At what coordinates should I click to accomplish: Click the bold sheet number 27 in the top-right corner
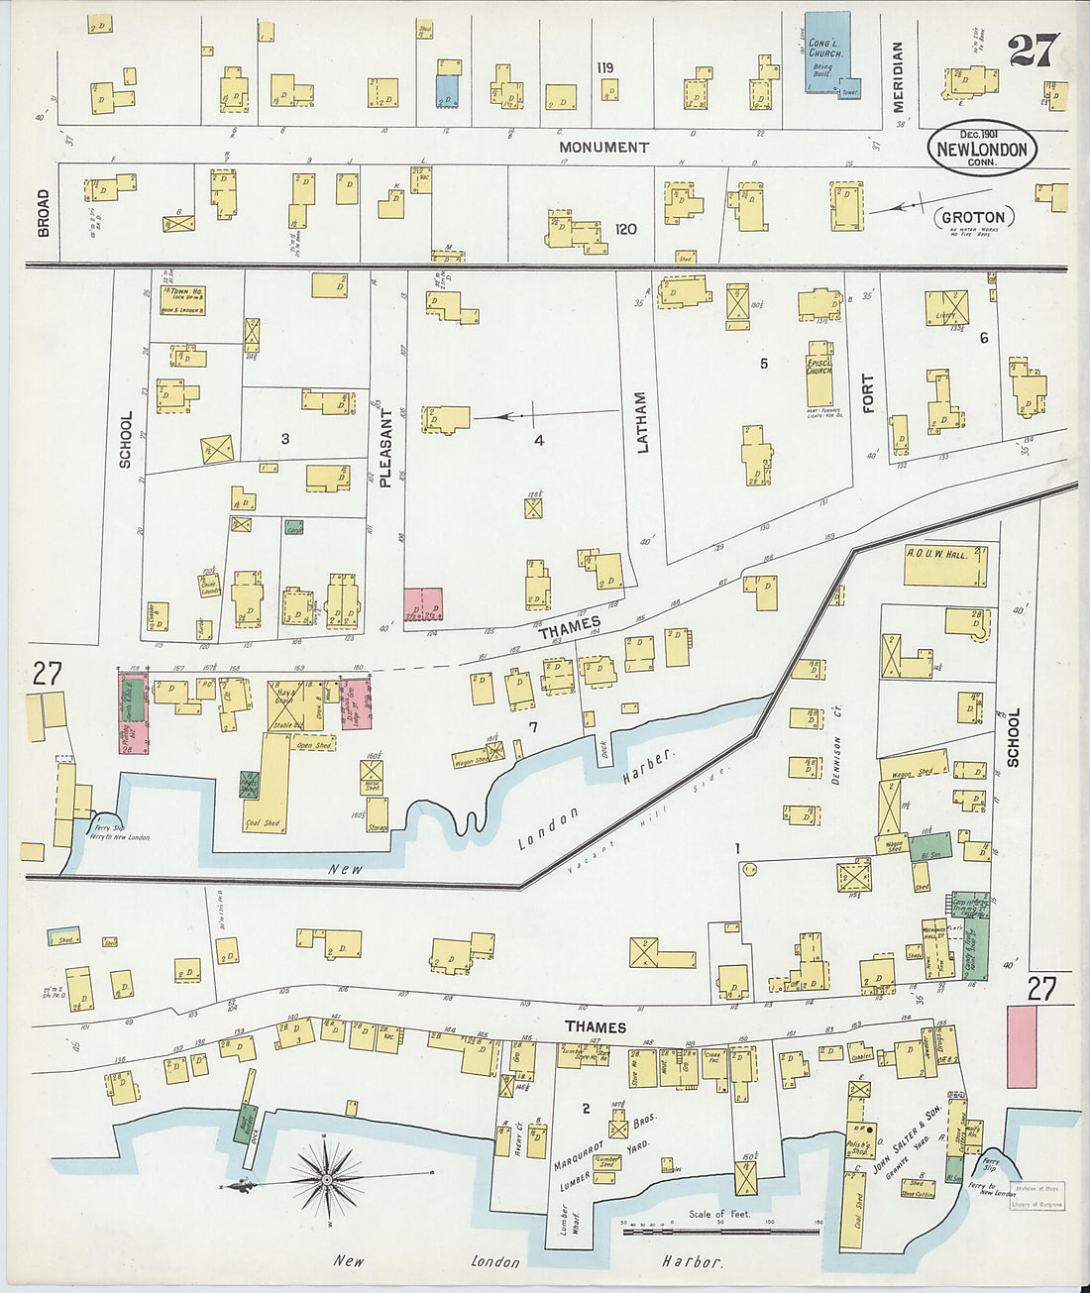pos(1034,50)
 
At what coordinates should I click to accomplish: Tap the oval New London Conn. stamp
pos(982,149)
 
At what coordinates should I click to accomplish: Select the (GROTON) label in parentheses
pos(972,217)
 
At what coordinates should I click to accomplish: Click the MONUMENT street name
pos(603,147)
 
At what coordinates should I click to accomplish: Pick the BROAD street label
pos(44,213)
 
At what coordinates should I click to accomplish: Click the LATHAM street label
pos(641,423)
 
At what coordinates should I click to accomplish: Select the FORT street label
pos(868,393)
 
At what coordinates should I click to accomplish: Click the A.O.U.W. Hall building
pos(945,566)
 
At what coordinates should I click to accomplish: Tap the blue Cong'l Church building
pos(826,53)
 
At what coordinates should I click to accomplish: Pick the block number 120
pos(625,229)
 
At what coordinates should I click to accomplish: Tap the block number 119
pos(604,67)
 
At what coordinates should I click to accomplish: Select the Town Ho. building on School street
pos(182,300)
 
